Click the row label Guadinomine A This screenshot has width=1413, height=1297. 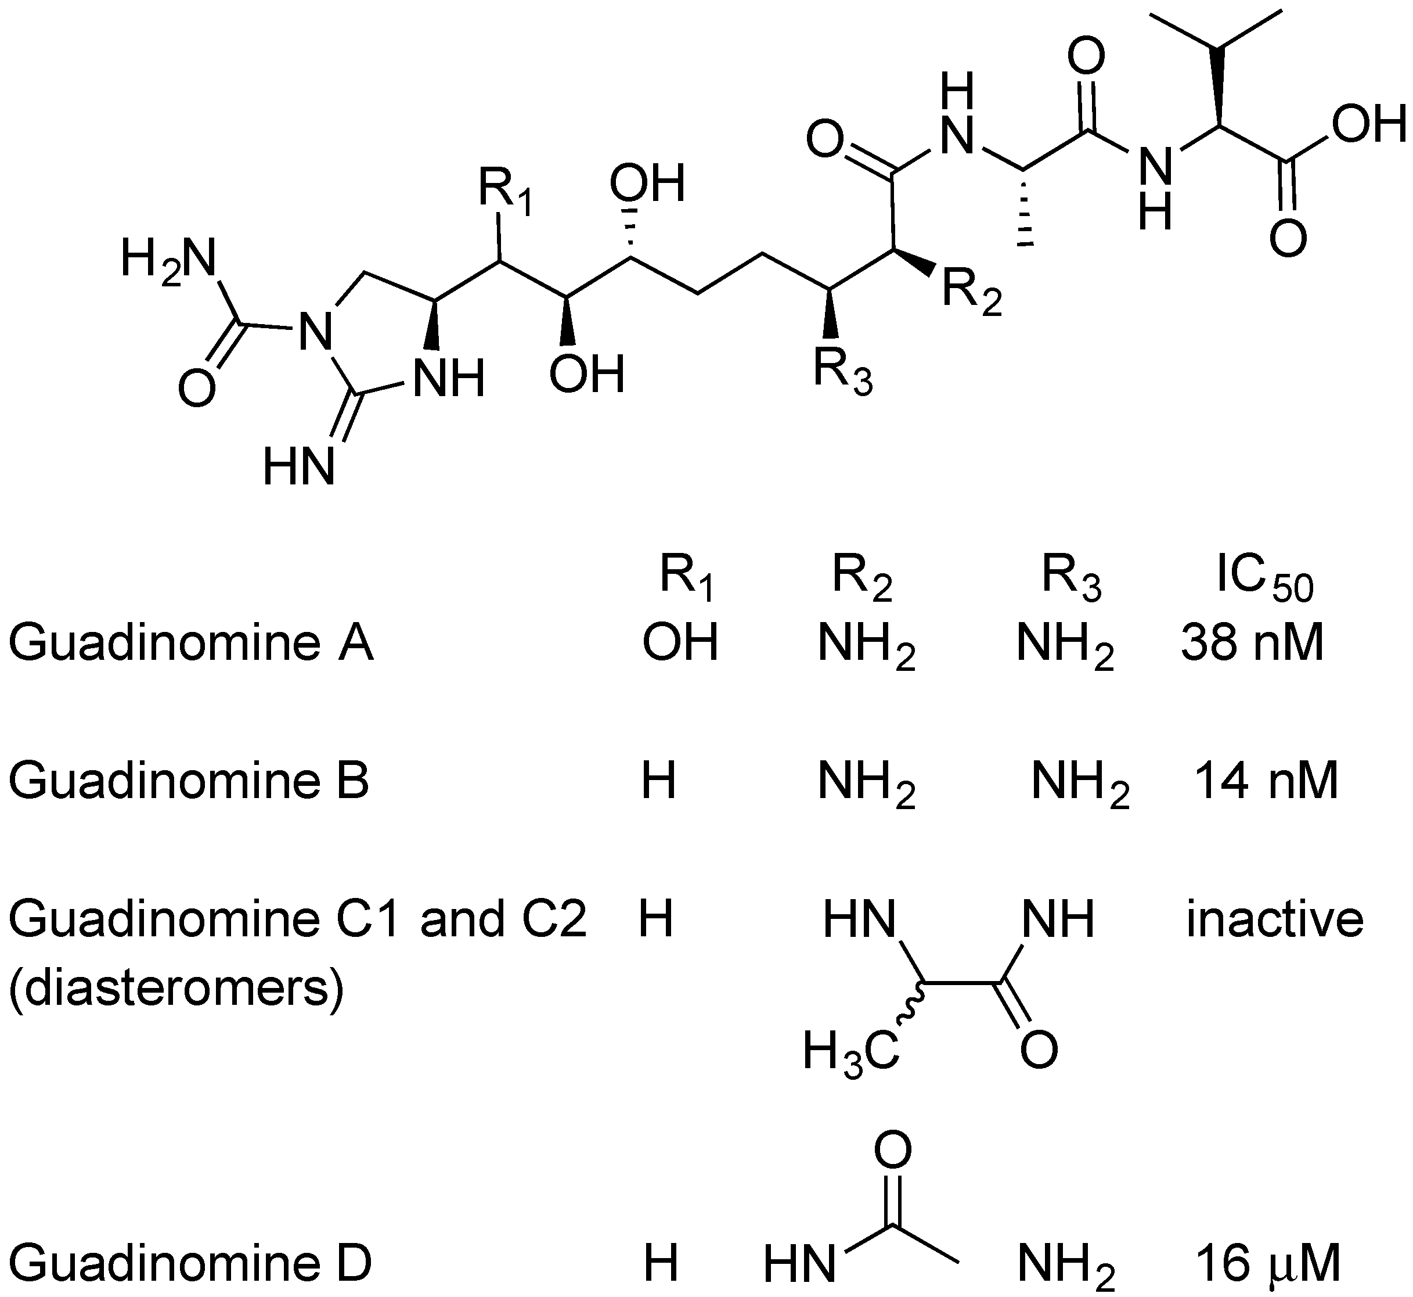191,643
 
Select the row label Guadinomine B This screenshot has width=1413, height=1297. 189,781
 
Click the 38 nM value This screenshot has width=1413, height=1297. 1252,643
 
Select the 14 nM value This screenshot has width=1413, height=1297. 1266,781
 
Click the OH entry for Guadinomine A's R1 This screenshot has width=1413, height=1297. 680,643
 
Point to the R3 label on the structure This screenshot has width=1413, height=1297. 842,370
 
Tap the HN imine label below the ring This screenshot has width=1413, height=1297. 298,468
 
